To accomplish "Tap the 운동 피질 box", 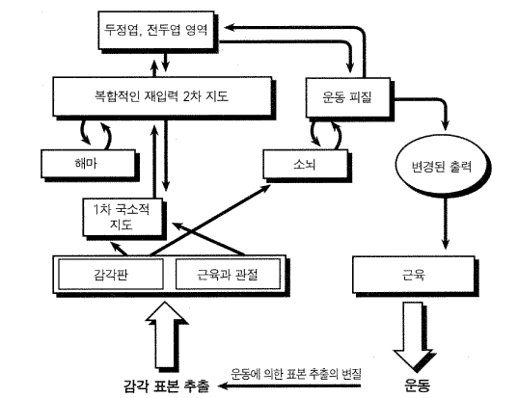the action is [348, 97].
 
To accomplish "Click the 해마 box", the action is [88, 164].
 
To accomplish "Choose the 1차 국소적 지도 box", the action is [123, 217].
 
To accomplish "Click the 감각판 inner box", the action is [111, 275].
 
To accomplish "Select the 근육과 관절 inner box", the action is [228, 275].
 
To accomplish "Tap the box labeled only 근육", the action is [414, 275].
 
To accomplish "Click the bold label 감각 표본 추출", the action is [166, 385].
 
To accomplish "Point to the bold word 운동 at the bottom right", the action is [418, 385].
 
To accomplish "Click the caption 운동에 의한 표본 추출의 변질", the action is [296, 374].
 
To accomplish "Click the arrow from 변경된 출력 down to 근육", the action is [446, 223].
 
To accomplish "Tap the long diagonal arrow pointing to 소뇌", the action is [210, 220].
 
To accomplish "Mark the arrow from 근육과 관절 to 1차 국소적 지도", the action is [208, 239].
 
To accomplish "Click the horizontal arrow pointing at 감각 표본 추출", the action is [289, 385].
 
